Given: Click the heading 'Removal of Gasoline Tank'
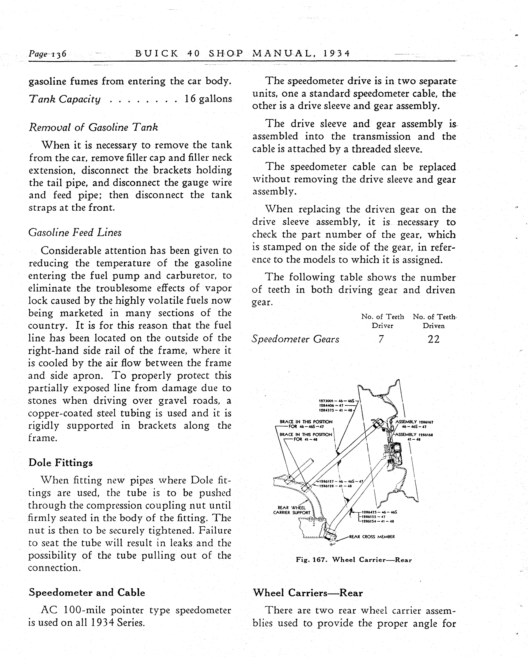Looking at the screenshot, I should [93, 127].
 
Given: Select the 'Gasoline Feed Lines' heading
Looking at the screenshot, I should [75, 233].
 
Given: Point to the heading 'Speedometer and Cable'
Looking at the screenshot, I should [87, 592].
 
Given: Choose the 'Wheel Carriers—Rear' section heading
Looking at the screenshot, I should [308, 593].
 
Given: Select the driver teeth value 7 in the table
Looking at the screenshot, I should [381, 339].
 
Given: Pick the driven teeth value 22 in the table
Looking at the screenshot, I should [434, 339].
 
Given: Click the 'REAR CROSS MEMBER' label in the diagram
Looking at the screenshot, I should [372, 536].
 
